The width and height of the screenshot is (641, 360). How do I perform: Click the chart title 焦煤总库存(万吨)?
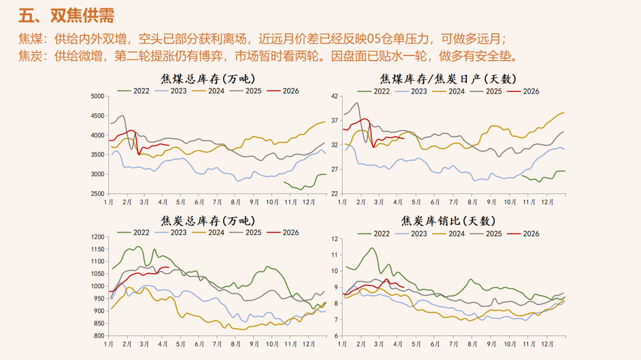click(x=208, y=79)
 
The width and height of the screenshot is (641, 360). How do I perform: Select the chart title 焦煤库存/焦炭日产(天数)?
click(x=448, y=79)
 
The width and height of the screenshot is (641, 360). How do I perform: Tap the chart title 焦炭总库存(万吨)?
click(x=208, y=221)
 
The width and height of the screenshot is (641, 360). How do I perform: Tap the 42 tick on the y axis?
click(x=334, y=96)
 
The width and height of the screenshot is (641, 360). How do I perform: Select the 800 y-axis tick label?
click(x=97, y=336)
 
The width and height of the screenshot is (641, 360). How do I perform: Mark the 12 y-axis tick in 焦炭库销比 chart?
click(x=334, y=238)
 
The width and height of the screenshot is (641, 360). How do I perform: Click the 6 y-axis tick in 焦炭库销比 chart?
click(x=336, y=336)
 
